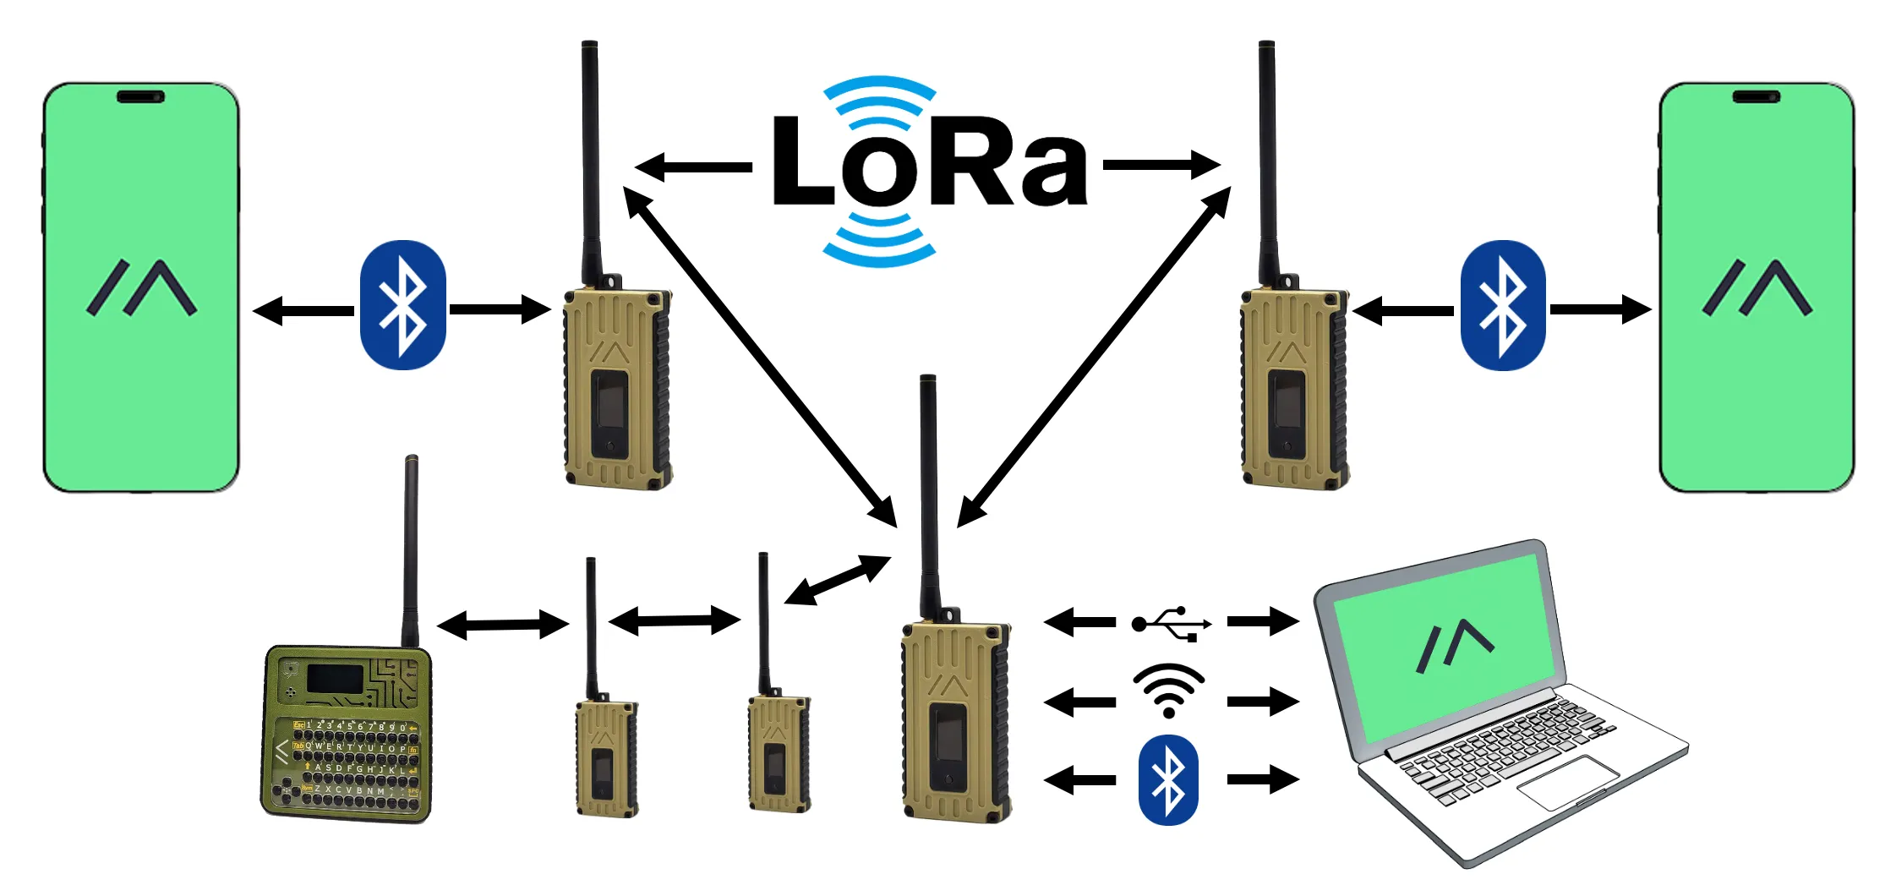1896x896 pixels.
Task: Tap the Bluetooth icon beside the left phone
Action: tap(403, 305)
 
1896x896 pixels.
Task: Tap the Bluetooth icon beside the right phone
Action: tap(1503, 305)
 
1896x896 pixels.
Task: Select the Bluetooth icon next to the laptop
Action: tap(1168, 780)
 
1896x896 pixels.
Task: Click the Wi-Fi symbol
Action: tap(1168, 690)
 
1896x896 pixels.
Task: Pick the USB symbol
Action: tap(1171, 623)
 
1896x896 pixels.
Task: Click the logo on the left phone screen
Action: tap(142, 287)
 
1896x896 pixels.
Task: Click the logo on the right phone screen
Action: tap(1757, 287)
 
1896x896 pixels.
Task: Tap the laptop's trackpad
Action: tap(1568, 782)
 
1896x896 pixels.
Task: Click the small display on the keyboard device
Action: tap(335, 677)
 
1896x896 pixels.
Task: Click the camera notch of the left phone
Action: tap(140, 96)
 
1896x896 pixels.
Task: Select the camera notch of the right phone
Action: tap(1756, 96)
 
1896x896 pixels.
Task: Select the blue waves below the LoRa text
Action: tap(879, 241)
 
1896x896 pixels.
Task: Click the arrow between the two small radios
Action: tap(675, 621)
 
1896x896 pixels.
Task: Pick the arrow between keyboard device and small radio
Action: tap(503, 626)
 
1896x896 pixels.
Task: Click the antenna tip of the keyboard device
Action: tap(412, 461)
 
